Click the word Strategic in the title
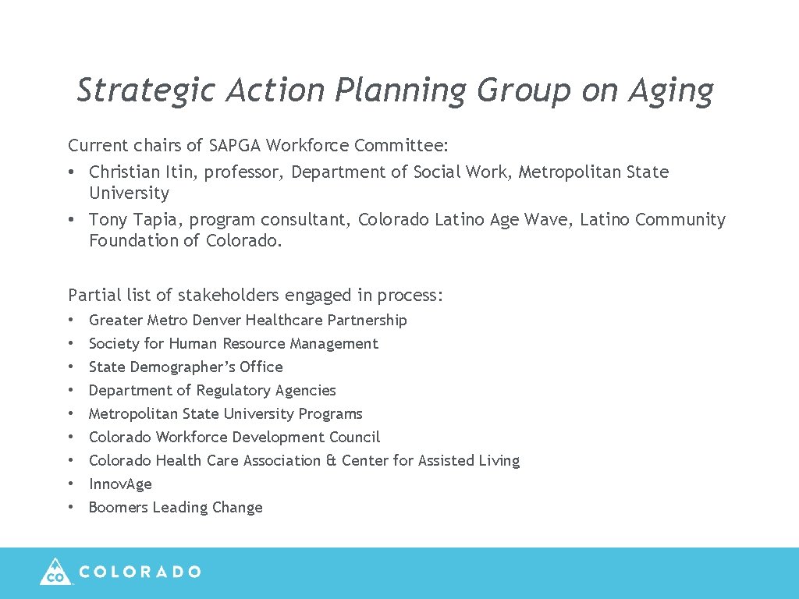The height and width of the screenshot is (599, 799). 146,90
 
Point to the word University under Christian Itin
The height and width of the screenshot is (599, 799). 129,193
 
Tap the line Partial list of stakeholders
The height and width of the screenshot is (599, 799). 255,295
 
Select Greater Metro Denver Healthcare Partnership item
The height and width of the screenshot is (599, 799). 247,320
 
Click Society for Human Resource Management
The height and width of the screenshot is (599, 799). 233,343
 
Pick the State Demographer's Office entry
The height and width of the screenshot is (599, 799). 186,367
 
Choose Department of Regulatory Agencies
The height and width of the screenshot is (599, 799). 212,390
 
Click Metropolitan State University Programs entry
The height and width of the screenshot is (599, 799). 225,413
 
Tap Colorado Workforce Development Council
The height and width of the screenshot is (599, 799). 234,437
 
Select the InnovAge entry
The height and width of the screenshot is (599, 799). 120,484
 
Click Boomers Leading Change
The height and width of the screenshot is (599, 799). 176,507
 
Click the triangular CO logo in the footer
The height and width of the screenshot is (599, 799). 55,572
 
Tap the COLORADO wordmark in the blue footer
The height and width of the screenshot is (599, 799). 140,572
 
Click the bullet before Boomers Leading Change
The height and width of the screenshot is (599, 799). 71,507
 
